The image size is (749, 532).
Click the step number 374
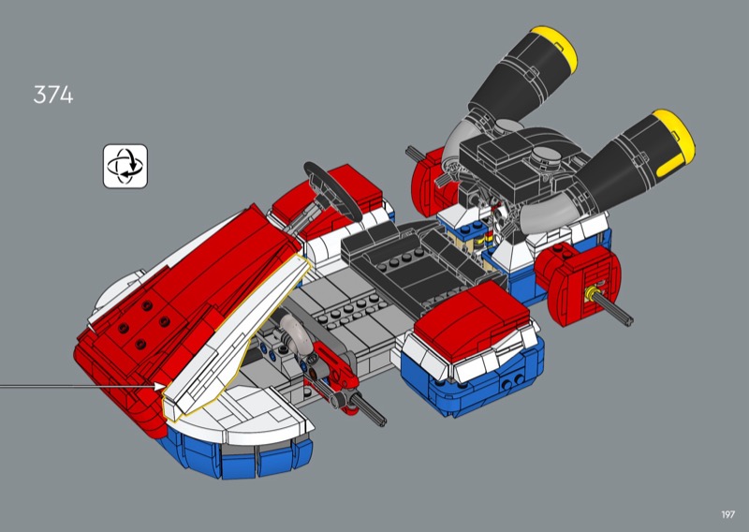click(53, 95)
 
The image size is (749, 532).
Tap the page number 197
click(727, 514)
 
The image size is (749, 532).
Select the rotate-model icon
click(125, 167)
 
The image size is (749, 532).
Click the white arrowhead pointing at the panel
click(159, 386)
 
